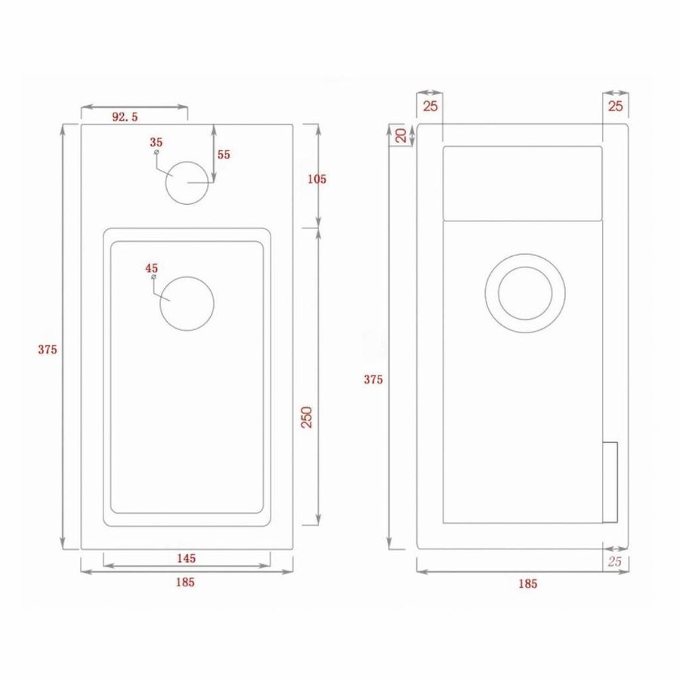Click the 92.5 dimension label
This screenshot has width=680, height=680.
125,117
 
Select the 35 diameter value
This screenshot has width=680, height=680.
156,142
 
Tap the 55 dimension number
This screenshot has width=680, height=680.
224,154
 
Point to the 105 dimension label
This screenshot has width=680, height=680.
317,179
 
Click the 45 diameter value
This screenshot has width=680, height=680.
151,267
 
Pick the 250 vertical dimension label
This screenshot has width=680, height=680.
308,417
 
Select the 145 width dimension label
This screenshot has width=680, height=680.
186,558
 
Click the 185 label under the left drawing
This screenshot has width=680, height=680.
186,582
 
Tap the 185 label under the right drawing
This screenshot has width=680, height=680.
527,583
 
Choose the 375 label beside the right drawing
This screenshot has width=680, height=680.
373,379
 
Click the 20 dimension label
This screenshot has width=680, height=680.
402,135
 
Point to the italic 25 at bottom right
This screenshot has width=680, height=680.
614,561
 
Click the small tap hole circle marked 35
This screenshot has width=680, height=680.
187,183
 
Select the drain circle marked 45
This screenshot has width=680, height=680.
187,303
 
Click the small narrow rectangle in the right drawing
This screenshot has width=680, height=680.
610,481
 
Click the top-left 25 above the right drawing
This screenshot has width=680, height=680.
430,106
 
